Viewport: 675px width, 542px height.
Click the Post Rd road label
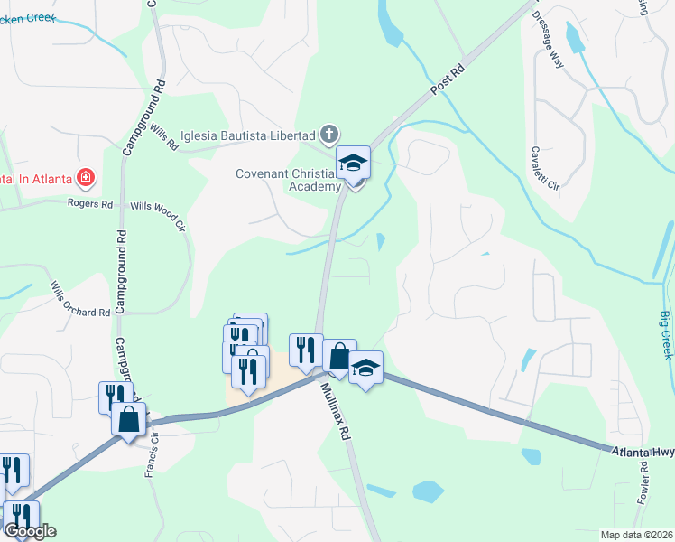[x=447, y=79]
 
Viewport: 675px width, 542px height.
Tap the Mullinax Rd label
[x=334, y=410]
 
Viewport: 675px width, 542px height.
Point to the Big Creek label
[x=665, y=334]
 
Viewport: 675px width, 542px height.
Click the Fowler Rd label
[x=644, y=483]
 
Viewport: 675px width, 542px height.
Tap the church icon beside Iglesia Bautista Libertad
[x=329, y=135]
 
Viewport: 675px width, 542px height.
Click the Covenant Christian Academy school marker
[x=354, y=164]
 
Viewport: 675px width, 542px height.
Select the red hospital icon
[x=86, y=178]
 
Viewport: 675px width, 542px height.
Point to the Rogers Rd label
[x=90, y=205]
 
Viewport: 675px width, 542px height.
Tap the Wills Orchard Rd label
[x=79, y=297]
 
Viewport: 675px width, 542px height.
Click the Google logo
[x=29, y=531]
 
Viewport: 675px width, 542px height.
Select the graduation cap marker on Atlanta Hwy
[x=366, y=369]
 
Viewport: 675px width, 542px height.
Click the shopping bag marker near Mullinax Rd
[x=339, y=358]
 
